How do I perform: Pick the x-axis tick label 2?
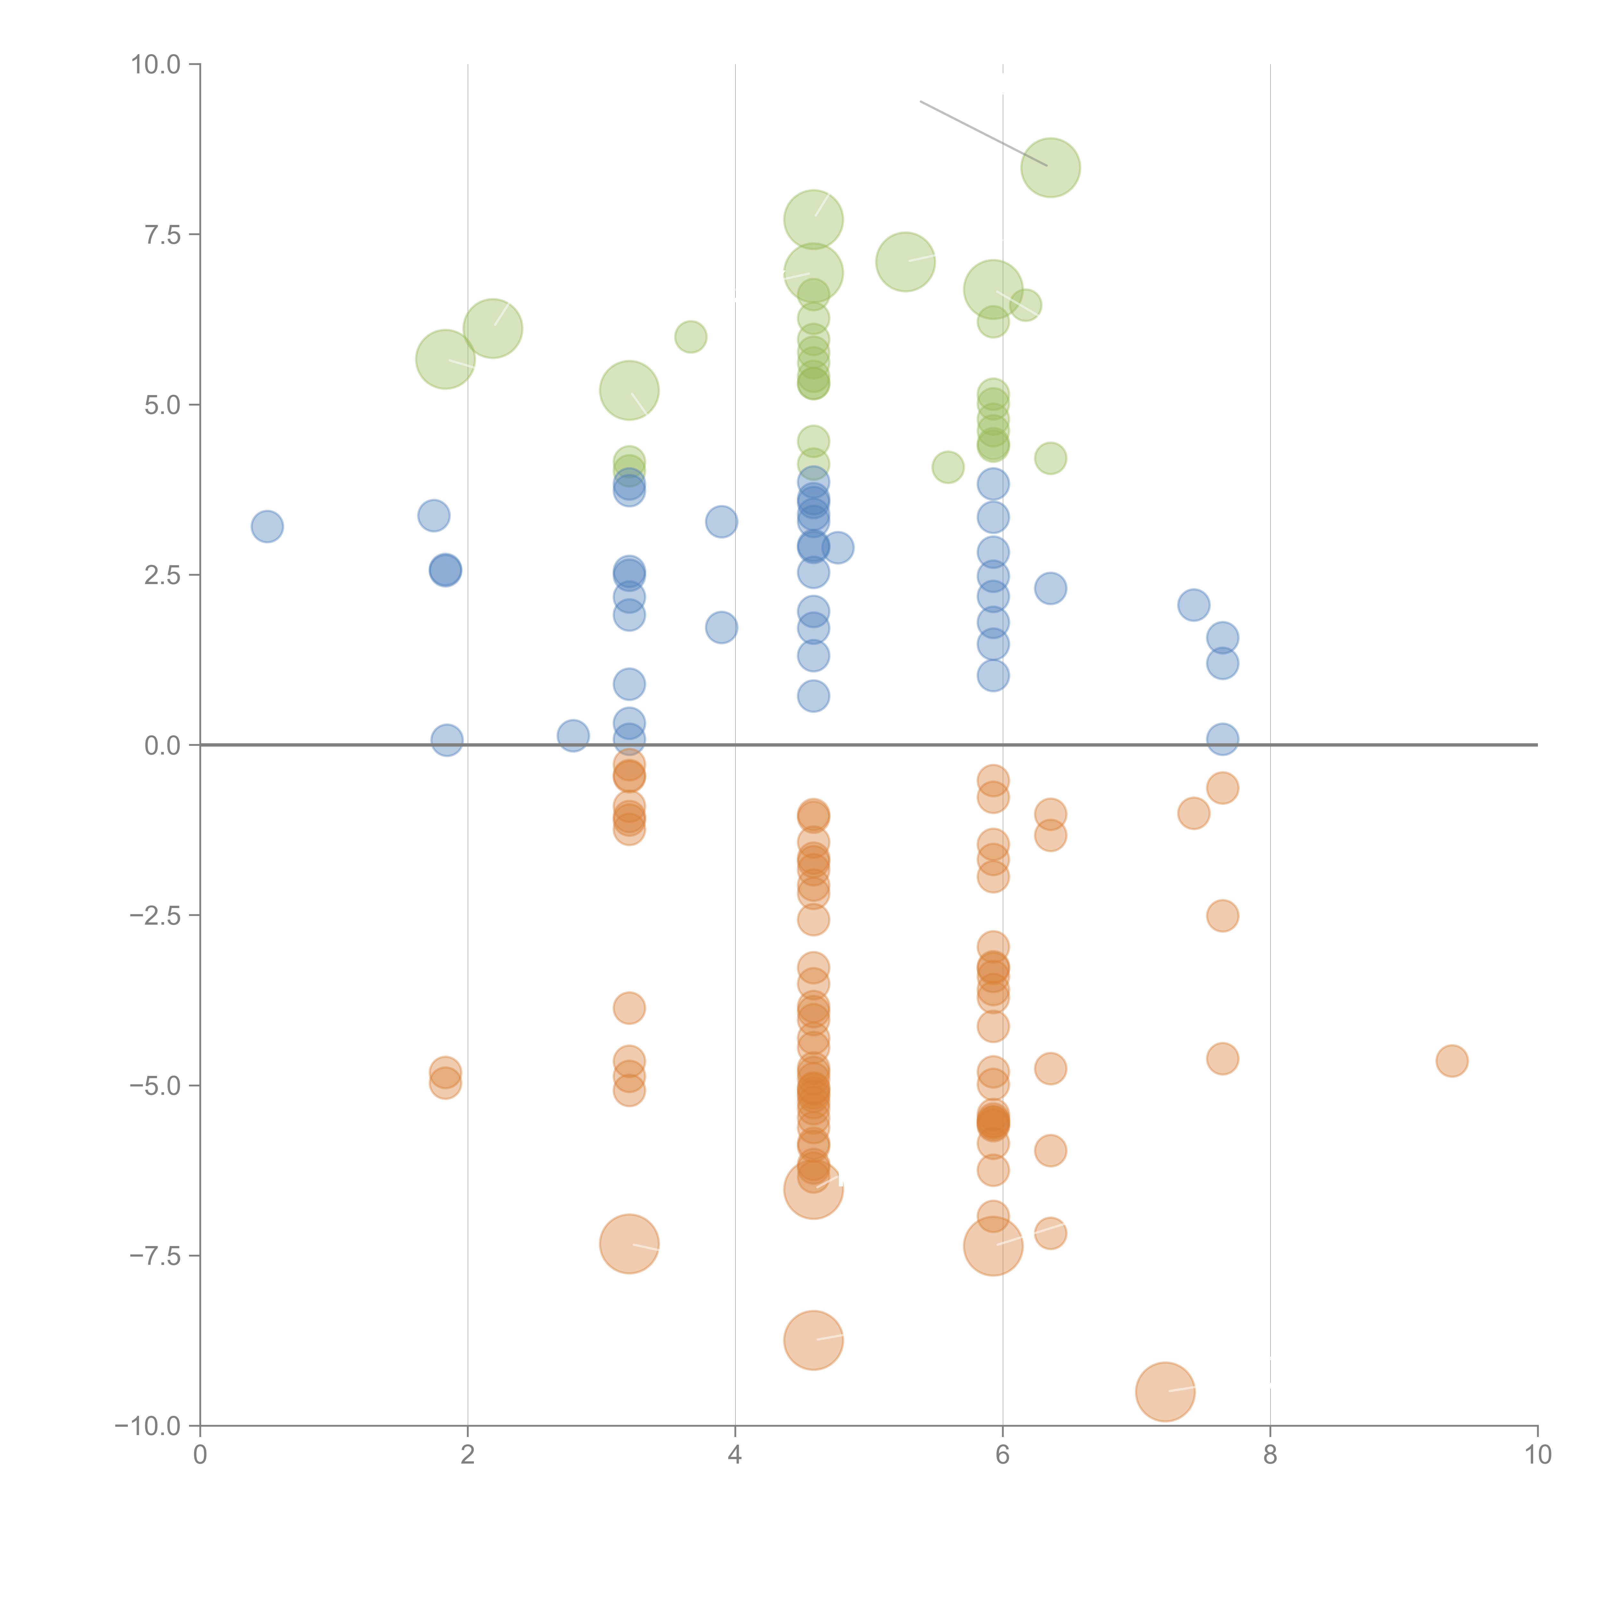[x=468, y=1455]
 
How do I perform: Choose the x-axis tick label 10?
[x=1537, y=1455]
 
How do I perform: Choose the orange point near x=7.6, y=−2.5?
[x=1222, y=915]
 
